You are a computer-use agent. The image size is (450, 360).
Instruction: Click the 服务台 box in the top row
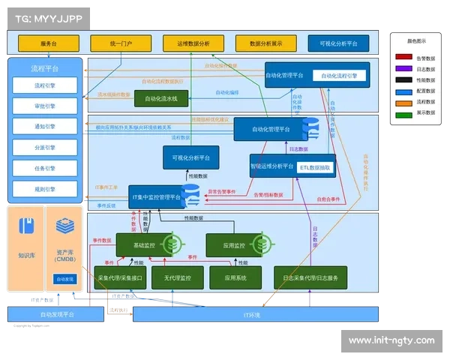49,43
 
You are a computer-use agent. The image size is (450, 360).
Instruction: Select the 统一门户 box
121,43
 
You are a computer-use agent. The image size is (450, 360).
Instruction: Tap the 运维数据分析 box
193,43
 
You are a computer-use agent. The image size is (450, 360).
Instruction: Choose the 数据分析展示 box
265,43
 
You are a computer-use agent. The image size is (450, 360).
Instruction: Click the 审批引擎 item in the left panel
44,106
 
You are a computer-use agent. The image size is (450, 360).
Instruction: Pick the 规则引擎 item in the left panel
44,188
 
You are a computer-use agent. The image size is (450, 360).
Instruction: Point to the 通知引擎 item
44,127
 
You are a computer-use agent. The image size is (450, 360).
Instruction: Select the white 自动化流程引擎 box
343,75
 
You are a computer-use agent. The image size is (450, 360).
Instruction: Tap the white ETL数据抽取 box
315,168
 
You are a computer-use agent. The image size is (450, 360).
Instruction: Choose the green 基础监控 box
144,244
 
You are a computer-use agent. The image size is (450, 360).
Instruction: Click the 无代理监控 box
177,277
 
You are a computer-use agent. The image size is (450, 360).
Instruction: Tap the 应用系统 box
235,277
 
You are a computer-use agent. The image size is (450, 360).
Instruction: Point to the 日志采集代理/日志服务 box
310,277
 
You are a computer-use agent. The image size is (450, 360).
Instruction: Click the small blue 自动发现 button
65,279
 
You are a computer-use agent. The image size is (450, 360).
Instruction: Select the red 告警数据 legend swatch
403,57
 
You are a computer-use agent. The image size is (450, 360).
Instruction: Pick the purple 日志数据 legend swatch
403,68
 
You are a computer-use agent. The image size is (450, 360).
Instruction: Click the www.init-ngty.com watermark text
391,340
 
